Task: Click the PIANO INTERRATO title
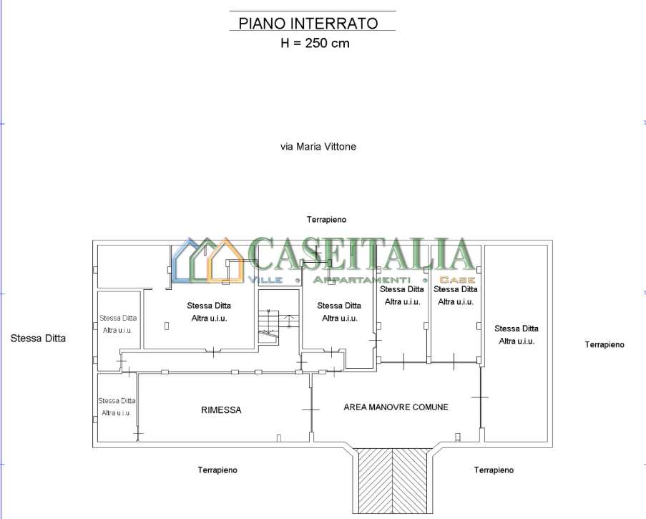click(x=308, y=23)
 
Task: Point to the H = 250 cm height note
click(x=315, y=43)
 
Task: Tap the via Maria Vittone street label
click(x=318, y=146)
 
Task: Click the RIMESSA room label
click(x=221, y=409)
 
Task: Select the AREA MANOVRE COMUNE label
click(x=396, y=407)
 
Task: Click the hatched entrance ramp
click(x=392, y=483)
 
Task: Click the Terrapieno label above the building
click(x=326, y=219)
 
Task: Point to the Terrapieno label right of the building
click(x=605, y=344)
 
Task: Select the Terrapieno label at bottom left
click(x=217, y=470)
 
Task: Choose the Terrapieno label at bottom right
click(x=494, y=470)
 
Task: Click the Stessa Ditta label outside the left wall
click(x=38, y=338)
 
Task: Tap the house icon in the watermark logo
click(x=208, y=261)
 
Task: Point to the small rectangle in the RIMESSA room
click(x=279, y=438)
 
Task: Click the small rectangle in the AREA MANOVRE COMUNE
click(x=457, y=437)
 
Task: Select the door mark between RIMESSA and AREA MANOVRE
click(x=311, y=409)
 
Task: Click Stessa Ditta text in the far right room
click(x=517, y=329)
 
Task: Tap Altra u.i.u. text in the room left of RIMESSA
click(x=116, y=412)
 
